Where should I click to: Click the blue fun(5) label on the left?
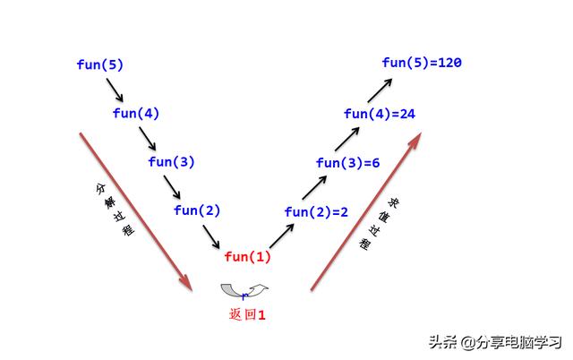click(x=100, y=64)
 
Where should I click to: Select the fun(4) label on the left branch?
click(x=136, y=113)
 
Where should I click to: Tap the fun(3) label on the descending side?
click(x=171, y=162)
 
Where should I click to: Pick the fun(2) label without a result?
click(x=197, y=210)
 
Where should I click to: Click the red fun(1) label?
click(x=247, y=257)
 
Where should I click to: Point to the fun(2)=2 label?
click(x=316, y=211)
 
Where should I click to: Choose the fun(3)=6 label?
click(x=348, y=163)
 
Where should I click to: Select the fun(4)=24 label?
click(x=380, y=114)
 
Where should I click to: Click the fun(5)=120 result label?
click(x=421, y=63)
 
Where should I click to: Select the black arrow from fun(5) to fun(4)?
click(x=115, y=89)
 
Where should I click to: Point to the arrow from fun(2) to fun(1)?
click(x=212, y=235)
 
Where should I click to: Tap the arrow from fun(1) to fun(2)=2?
click(x=282, y=235)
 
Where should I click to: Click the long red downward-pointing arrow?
click(x=136, y=211)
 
